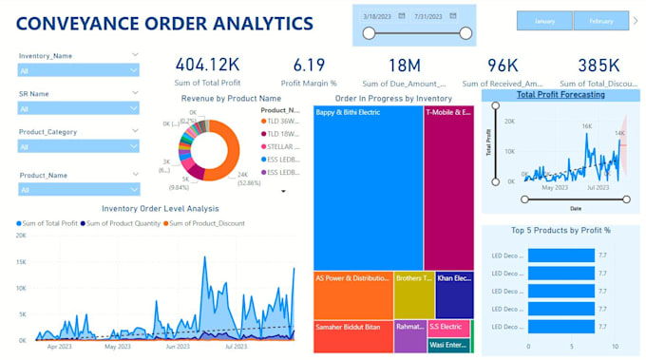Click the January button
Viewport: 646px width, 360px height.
point(544,21)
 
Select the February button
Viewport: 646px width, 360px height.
point(600,21)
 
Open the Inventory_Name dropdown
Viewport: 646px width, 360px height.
point(79,69)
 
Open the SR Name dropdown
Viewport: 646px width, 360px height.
point(79,107)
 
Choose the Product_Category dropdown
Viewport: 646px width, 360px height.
point(79,145)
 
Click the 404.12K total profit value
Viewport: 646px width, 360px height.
point(207,66)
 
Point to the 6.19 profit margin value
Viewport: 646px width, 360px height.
point(309,66)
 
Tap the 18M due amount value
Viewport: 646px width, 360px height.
point(406,66)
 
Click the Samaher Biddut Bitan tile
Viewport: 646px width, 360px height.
point(352,336)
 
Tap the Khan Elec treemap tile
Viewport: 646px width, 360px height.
point(454,294)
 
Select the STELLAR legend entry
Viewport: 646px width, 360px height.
point(282,147)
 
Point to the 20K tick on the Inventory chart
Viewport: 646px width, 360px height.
point(21,235)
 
